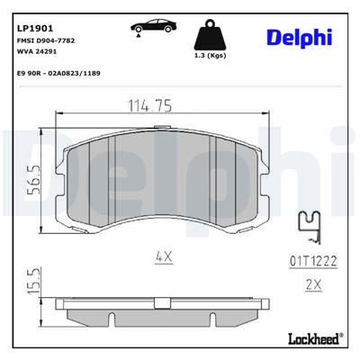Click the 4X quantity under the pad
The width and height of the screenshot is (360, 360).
pyautogui.click(x=163, y=257)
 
